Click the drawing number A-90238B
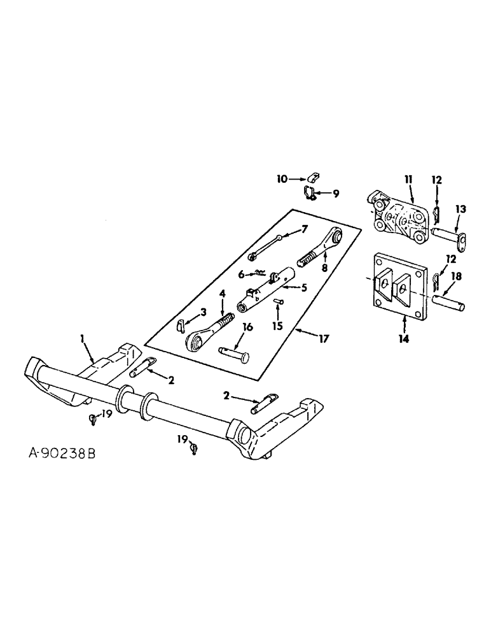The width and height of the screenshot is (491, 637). point(62,455)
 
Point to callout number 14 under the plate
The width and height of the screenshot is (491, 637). point(403,338)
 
